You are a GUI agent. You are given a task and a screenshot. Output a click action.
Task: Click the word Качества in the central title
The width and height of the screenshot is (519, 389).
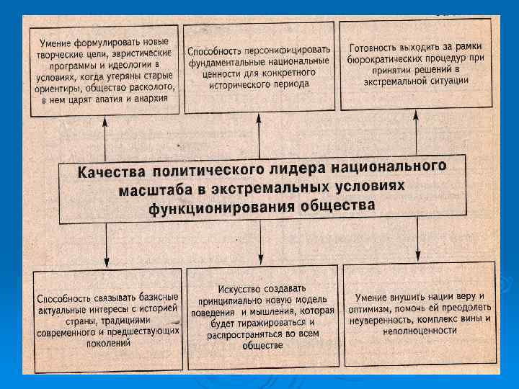(x=109, y=174)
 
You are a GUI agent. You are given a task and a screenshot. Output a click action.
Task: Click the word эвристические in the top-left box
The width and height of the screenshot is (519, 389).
(x=141, y=53)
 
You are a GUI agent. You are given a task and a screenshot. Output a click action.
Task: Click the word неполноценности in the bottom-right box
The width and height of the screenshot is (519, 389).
(x=419, y=330)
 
